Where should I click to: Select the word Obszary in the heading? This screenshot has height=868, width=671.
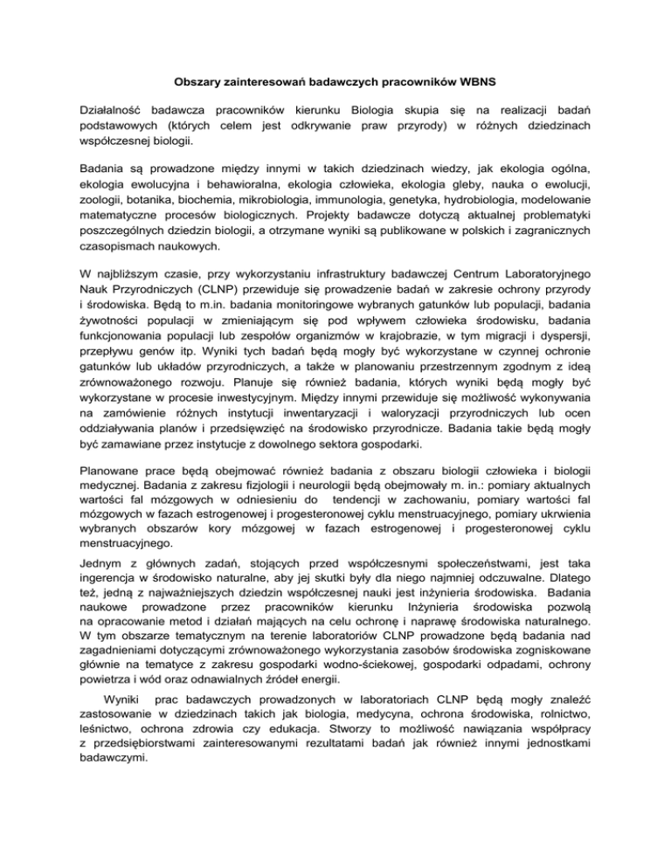[199, 82]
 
